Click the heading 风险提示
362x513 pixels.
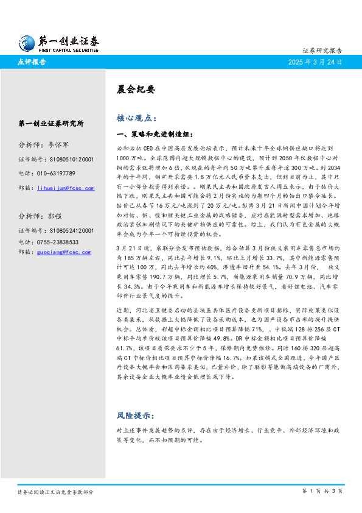pos(134,416)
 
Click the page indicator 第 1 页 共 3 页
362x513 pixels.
pos(322,490)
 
